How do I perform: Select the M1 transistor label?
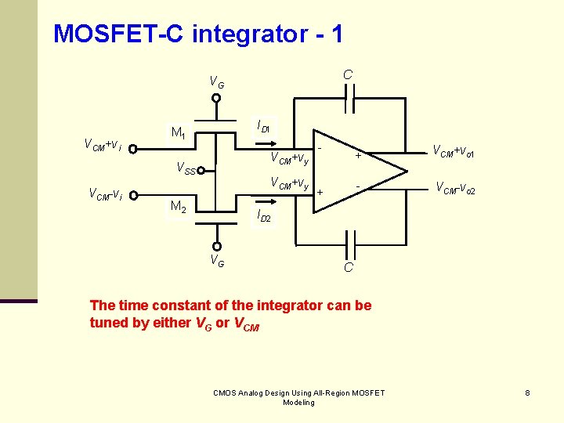pos(179,132)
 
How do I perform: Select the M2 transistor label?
pos(179,207)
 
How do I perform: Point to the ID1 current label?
pos(263,126)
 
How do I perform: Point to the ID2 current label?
pos(263,215)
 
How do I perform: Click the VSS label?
pos(186,168)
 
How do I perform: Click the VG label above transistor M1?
pos(216,81)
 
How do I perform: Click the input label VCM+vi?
pos(103,144)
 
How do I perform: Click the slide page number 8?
pos(528,392)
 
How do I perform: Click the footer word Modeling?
pos(298,403)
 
